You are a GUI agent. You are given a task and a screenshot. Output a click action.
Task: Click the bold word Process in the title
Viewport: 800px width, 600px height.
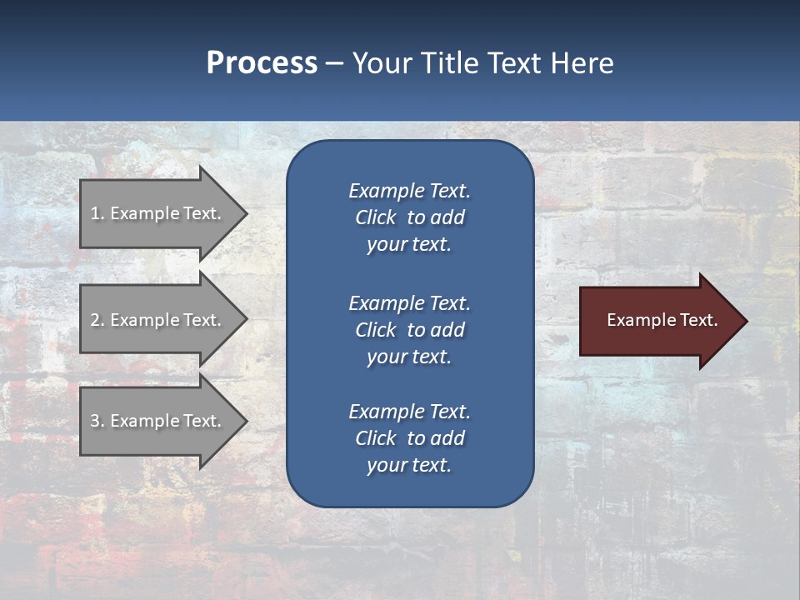pyautogui.click(x=262, y=63)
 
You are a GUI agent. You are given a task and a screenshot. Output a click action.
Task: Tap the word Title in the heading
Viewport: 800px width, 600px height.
pyautogui.click(x=447, y=63)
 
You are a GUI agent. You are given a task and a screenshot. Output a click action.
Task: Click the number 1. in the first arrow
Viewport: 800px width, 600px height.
pyautogui.click(x=97, y=213)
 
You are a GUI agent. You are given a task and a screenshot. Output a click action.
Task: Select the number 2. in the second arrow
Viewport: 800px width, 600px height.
pyautogui.click(x=97, y=320)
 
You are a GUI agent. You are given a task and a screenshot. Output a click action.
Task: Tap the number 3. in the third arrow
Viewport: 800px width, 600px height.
pyautogui.click(x=97, y=421)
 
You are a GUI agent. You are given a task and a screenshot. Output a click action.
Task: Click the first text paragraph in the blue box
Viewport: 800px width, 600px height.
pyautogui.click(x=409, y=217)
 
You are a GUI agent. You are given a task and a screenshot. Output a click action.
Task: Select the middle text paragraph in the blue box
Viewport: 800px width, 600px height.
pyautogui.click(x=409, y=330)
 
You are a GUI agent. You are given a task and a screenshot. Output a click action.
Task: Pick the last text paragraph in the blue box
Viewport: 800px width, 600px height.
pyautogui.click(x=409, y=438)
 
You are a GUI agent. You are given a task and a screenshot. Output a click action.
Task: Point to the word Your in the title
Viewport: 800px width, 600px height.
pyautogui.click(x=383, y=63)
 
